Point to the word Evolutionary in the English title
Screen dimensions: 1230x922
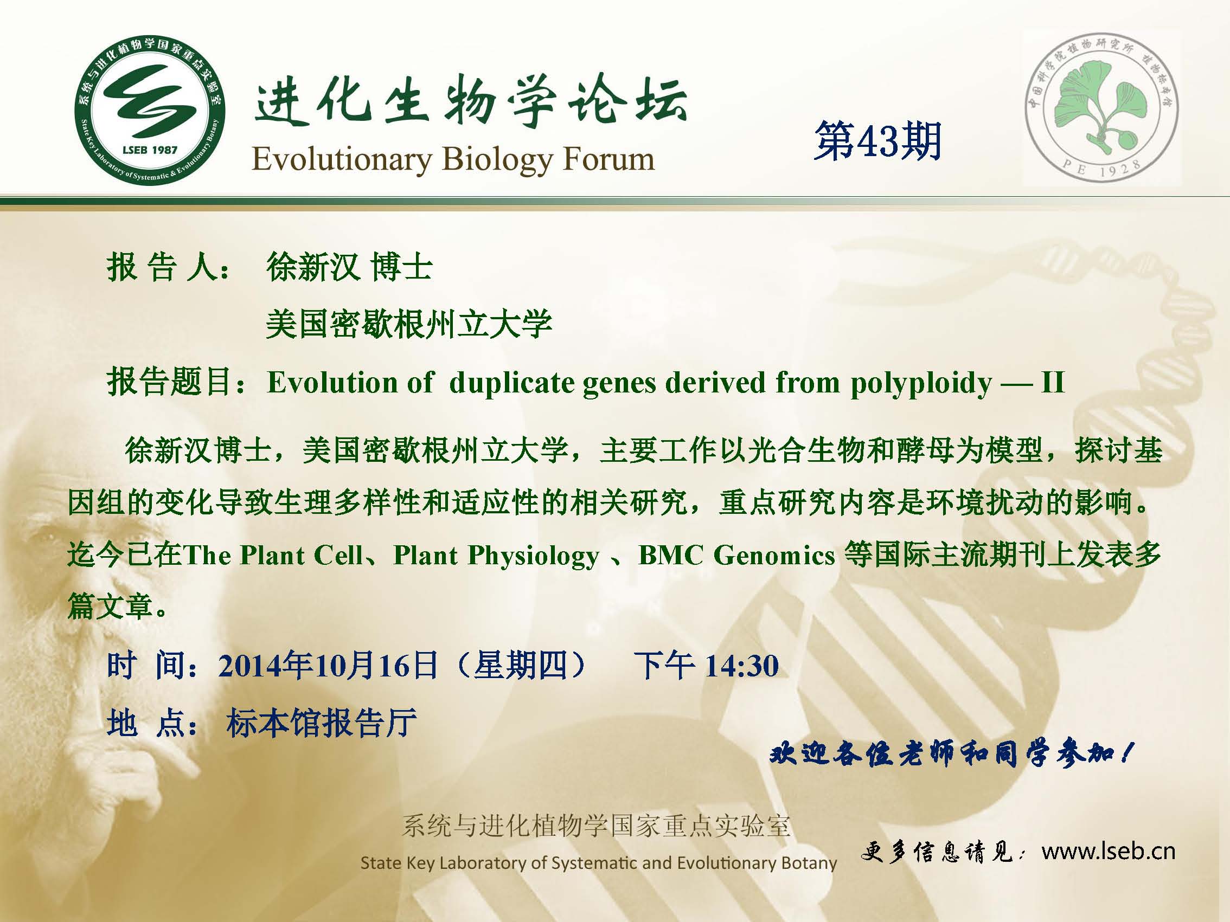click(x=342, y=160)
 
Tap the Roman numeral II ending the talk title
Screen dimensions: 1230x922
click(x=1053, y=382)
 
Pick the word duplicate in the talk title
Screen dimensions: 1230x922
click(x=511, y=383)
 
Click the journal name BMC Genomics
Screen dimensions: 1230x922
click(x=737, y=555)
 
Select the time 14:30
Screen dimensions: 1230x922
click(x=742, y=666)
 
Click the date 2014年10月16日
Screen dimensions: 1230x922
click(x=328, y=666)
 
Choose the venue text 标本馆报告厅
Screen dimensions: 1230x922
click(x=322, y=724)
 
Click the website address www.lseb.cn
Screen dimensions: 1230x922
click(x=1109, y=851)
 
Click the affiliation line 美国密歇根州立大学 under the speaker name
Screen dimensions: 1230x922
click(x=409, y=324)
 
